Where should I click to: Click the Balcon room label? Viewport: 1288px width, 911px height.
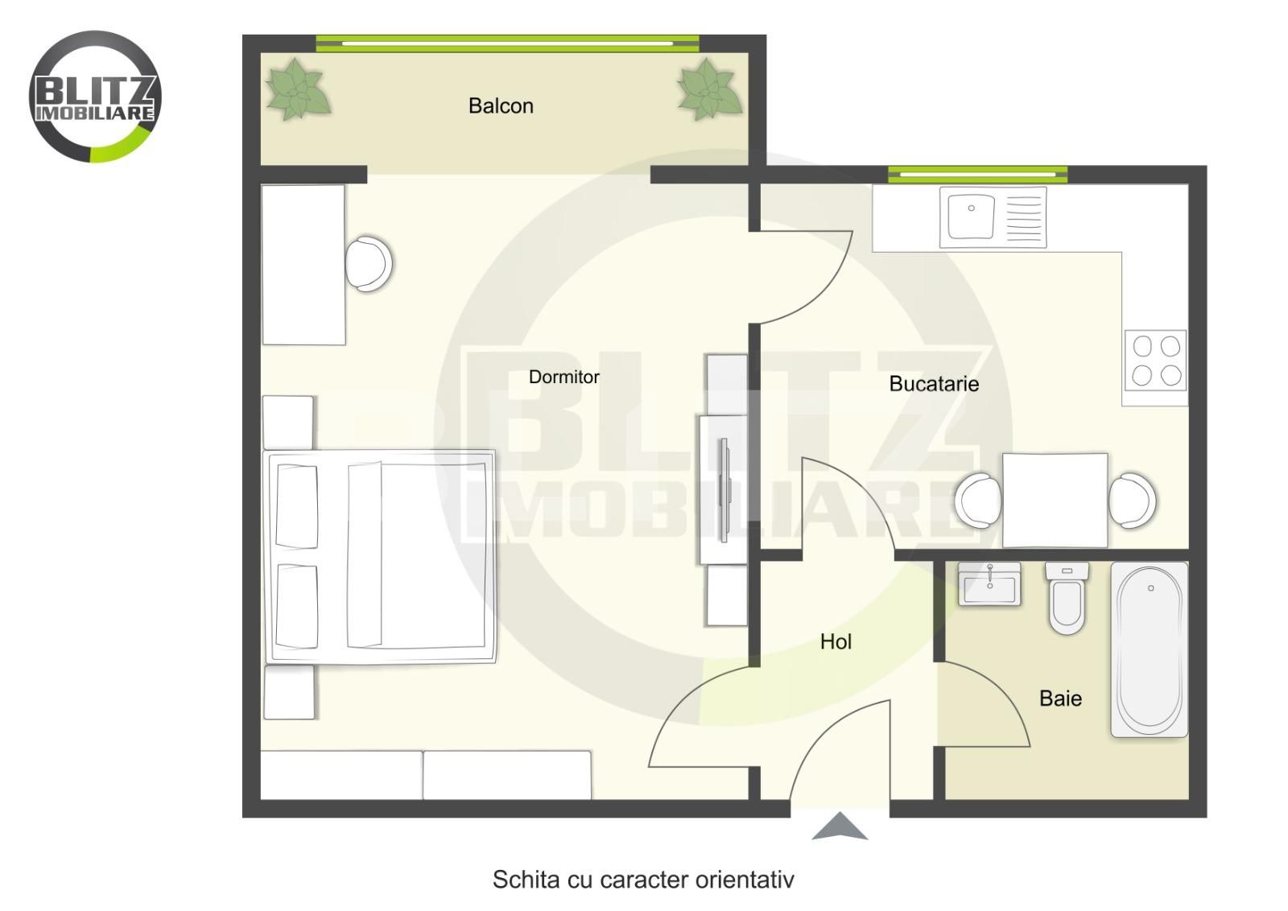point(501,105)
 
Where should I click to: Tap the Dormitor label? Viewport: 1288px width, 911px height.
point(564,377)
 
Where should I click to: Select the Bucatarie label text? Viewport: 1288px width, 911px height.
point(934,383)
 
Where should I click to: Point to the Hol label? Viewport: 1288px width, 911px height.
point(836,641)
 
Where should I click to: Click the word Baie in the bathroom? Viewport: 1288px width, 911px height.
point(1060,699)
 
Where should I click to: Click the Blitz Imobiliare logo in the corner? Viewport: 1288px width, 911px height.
point(96,97)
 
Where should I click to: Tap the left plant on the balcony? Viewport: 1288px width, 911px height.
point(297,89)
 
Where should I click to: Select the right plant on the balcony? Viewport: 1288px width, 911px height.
point(709,89)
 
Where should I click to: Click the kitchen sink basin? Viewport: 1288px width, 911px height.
point(971,216)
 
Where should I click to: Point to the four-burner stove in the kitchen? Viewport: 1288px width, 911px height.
point(1156,361)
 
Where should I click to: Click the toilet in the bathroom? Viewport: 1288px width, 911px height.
point(1067,598)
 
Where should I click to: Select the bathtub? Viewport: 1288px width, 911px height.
point(1149,649)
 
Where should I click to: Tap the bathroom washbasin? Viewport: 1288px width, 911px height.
point(989,584)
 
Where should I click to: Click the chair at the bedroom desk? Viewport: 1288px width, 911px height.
point(369,265)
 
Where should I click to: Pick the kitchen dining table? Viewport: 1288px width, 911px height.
point(1055,500)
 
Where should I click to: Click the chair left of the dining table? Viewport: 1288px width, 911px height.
point(977,501)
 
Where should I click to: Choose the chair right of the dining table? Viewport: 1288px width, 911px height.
point(1132,501)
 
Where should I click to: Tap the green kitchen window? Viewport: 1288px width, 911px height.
point(977,174)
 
